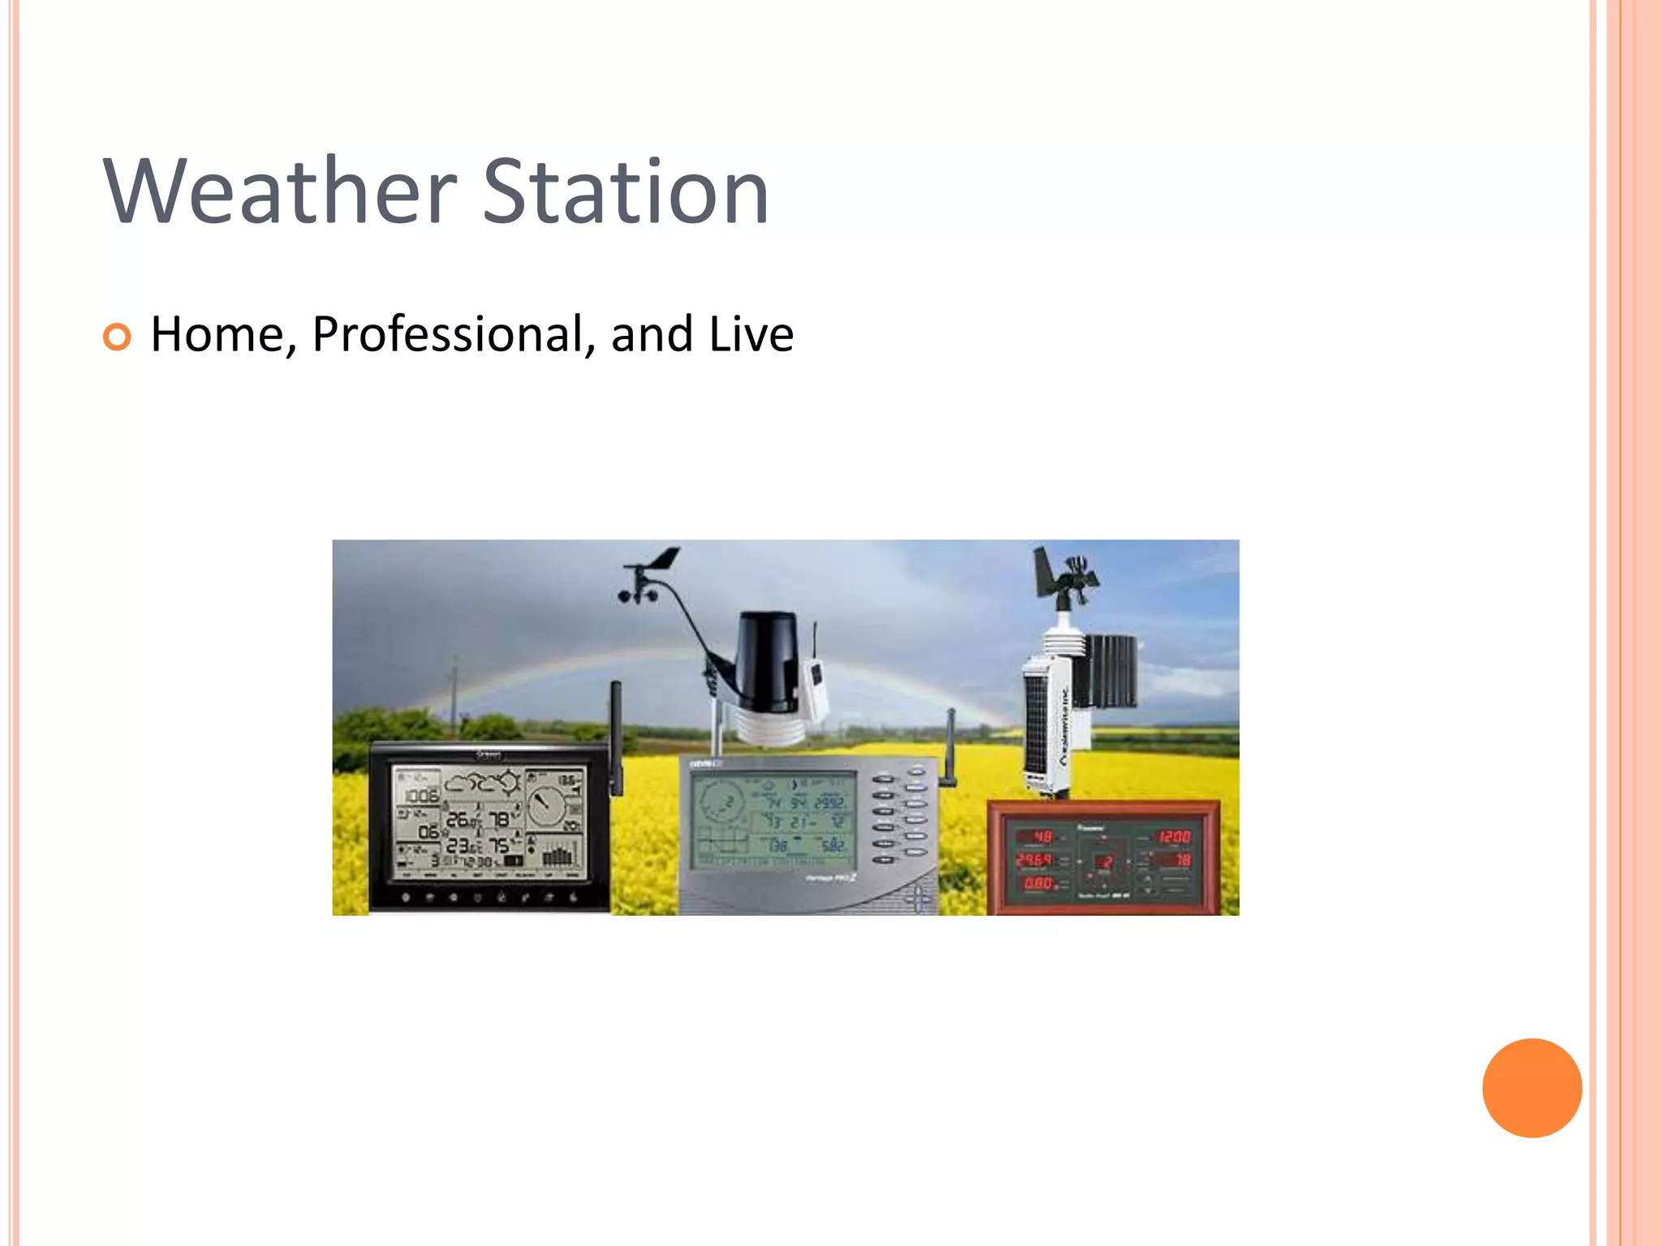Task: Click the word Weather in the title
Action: click(x=280, y=191)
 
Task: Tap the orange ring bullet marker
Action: click(x=117, y=337)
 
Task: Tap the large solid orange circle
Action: click(x=1531, y=1088)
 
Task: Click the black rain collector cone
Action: click(x=767, y=661)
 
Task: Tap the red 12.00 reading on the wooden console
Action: click(x=1173, y=836)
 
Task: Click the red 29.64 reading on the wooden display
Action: click(x=1035, y=859)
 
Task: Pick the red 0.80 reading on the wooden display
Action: click(x=1038, y=883)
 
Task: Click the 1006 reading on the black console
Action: click(x=421, y=796)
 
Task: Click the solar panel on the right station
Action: click(x=1037, y=722)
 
